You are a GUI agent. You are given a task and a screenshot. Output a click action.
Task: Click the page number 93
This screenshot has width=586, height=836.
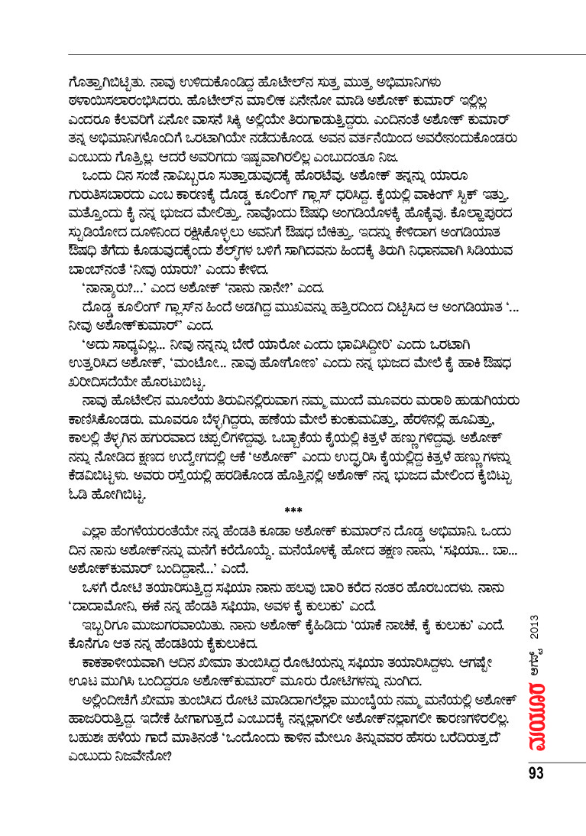(535, 774)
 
